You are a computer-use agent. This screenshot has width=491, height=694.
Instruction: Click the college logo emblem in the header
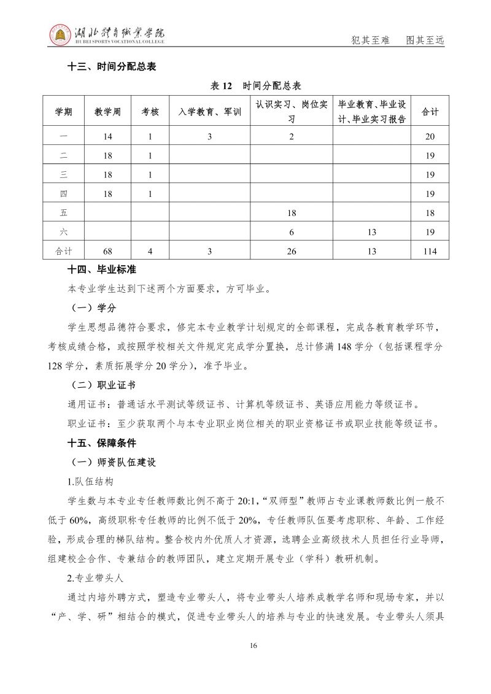(x=60, y=36)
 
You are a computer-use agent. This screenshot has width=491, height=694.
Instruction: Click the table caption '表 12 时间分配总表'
(x=256, y=86)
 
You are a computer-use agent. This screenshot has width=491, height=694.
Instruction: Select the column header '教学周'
(x=107, y=112)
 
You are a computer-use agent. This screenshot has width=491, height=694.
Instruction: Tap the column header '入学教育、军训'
(x=209, y=112)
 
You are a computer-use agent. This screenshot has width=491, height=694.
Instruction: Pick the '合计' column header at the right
(x=430, y=112)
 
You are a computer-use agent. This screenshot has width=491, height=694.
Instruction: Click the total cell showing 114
(x=430, y=251)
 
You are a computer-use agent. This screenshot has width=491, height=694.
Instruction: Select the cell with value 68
(x=107, y=251)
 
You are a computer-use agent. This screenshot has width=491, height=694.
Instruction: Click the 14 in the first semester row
(x=107, y=137)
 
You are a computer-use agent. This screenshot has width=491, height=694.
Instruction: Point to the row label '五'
(x=64, y=213)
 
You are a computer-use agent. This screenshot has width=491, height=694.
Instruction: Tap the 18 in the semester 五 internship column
(x=292, y=213)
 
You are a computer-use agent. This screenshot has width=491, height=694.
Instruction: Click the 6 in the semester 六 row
(x=292, y=232)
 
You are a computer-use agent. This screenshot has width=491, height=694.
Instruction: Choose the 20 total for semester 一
(x=430, y=137)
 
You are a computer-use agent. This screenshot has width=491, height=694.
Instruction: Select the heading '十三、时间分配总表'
(x=112, y=67)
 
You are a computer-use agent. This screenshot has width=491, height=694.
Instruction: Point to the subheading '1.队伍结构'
(x=90, y=481)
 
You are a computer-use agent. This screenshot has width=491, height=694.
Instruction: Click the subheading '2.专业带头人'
(x=95, y=577)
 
